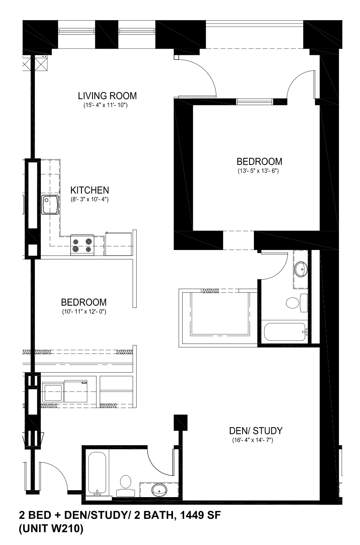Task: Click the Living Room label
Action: pyautogui.click(x=107, y=96)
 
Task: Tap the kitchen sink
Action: pyautogui.click(x=50, y=205)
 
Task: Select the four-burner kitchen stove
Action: pyautogui.click(x=82, y=245)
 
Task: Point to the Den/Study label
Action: pyautogui.click(x=256, y=431)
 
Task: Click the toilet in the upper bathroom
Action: pyautogui.click(x=297, y=303)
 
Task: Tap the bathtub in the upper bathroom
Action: pyautogui.click(x=286, y=332)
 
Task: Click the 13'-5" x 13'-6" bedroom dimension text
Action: pyautogui.click(x=258, y=171)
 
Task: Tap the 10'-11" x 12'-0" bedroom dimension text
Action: pyautogui.click(x=84, y=312)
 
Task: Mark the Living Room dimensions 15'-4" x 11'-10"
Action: pyautogui.click(x=105, y=105)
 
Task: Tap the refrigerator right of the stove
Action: pyautogui.click(x=119, y=244)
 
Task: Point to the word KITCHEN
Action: pyautogui.click(x=90, y=190)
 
